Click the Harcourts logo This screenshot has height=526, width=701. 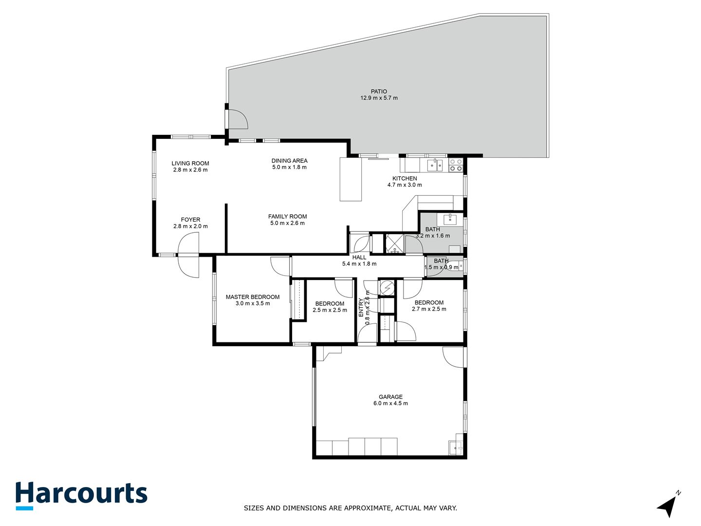click(81, 495)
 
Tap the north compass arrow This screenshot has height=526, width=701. click(667, 506)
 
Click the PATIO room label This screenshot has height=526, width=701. click(379, 92)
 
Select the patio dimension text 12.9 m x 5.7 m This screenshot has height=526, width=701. click(379, 98)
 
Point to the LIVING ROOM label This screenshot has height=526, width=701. click(190, 164)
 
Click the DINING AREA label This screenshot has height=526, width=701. click(289, 161)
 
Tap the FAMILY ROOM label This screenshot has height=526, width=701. click(287, 217)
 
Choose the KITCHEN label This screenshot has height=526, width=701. click(405, 179)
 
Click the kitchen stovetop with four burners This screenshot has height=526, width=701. click(456, 165)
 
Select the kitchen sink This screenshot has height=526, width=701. click(435, 166)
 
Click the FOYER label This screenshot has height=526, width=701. click(190, 220)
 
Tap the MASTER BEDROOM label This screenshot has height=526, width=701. click(252, 297)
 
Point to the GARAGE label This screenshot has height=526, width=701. click(390, 397)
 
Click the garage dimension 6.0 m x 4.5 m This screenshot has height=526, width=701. click(390, 403)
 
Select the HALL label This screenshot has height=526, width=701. click(359, 258)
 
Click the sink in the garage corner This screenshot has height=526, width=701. click(456, 447)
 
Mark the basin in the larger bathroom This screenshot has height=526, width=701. click(450, 219)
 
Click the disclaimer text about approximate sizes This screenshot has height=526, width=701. click(350, 508)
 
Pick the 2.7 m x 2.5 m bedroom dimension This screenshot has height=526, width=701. click(429, 309)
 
